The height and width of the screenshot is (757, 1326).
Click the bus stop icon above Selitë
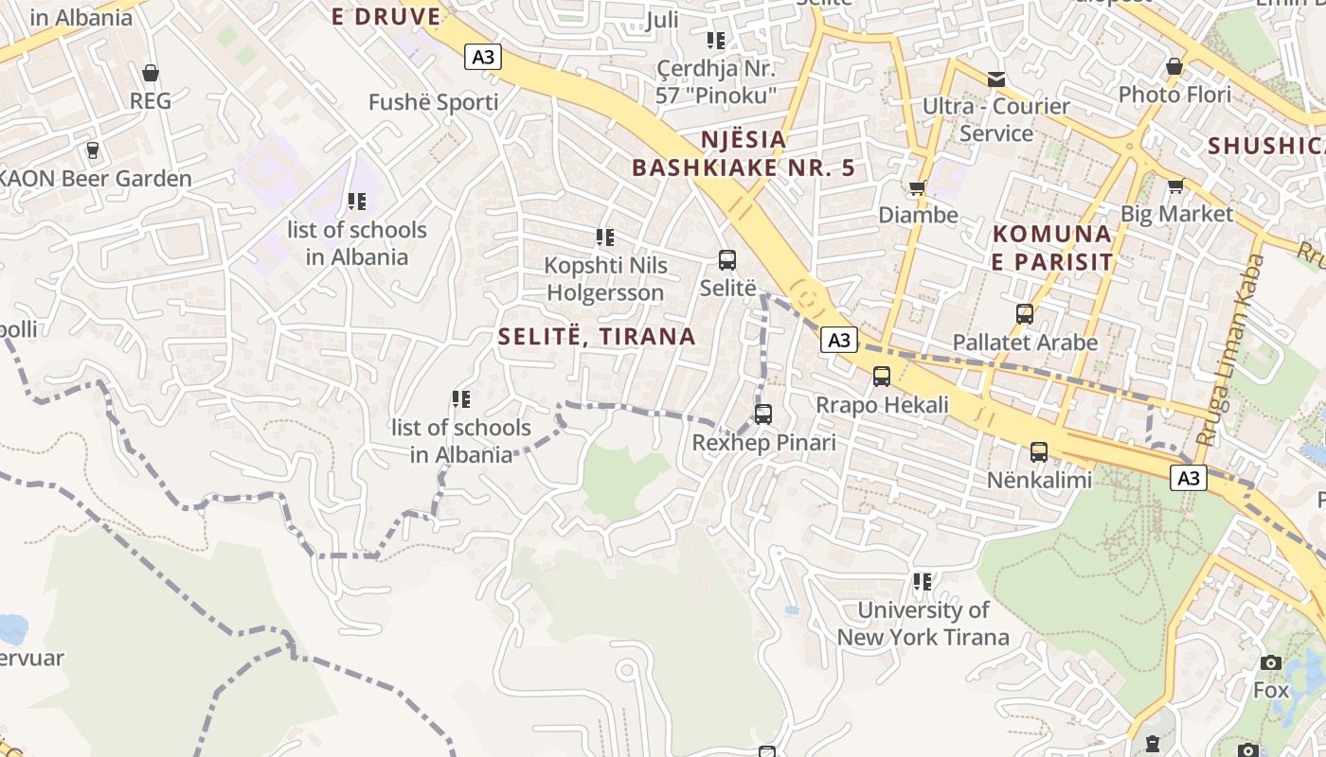coord(727,260)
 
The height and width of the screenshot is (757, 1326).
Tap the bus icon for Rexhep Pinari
coord(763,414)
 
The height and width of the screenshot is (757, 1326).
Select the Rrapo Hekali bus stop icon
coord(882,377)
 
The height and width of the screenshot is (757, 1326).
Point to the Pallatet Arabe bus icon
coord(1024,314)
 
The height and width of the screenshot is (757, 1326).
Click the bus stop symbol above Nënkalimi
coord(1039,452)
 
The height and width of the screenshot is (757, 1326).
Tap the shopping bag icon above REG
coord(150,73)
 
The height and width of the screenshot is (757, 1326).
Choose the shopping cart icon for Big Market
coord(1175,185)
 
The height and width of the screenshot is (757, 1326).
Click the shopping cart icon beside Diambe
coord(917,188)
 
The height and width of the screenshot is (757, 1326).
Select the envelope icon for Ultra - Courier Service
coord(995,79)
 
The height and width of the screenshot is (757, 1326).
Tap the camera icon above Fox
coord(1271,662)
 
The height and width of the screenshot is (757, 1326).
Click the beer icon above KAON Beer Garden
coord(93,150)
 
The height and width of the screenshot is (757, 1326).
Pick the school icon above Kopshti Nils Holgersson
coord(604,238)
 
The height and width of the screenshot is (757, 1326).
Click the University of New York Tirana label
coord(923,624)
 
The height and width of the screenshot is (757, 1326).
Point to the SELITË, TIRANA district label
coord(597,337)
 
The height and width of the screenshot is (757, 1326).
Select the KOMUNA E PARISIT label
coord(1051,247)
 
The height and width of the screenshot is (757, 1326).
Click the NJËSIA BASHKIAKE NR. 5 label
coord(744,154)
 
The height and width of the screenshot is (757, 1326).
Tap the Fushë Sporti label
coord(433,102)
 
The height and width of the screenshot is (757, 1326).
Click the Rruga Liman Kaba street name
coord(1231,350)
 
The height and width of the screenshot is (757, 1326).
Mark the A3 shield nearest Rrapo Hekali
coord(838,341)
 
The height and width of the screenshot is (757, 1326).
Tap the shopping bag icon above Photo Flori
coord(1174,67)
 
